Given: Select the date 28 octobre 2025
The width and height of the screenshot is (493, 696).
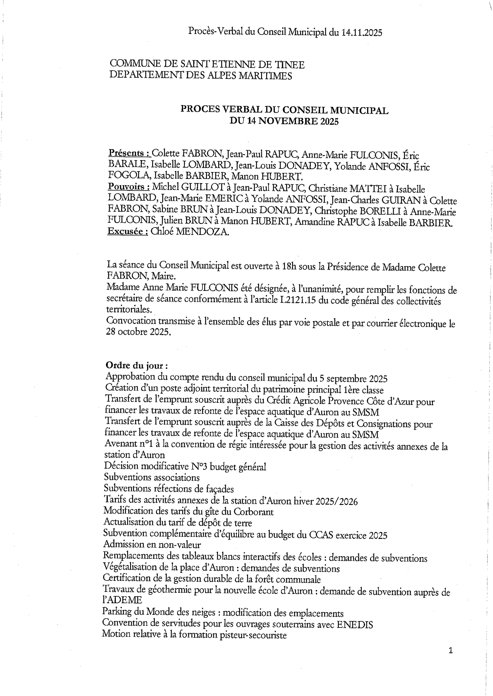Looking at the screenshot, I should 138,332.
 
